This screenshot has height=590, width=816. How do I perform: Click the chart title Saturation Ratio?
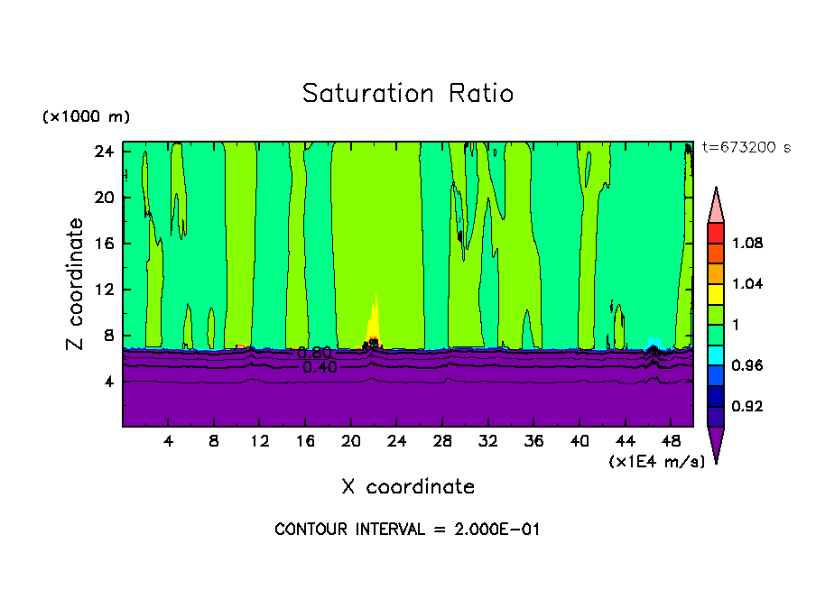tap(408, 94)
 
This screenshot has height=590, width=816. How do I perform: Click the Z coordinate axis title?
tap(76, 284)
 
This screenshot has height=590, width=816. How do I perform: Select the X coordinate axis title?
tap(408, 487)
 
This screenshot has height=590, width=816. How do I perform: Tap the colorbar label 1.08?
tap(747, 244)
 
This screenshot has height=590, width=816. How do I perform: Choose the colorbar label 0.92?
tap(747, 407)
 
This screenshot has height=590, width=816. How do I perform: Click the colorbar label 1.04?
tap(747, 284)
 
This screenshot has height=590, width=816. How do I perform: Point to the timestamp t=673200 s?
tap(746, 148)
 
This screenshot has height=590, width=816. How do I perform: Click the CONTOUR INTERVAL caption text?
tap(407, 530)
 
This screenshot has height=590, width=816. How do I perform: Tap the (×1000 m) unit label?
tap(86, 117)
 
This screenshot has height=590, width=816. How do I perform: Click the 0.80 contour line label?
tap(314, 354)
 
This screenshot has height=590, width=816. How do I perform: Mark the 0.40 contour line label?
tap(320, 367)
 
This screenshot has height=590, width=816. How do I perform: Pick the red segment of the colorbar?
tap(715, 232)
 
